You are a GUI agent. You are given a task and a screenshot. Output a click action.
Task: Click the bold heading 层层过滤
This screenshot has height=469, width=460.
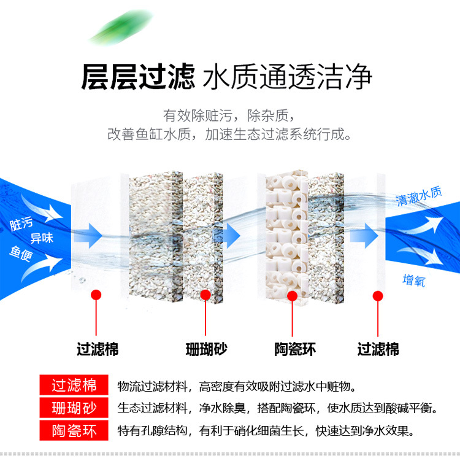pos(137,78)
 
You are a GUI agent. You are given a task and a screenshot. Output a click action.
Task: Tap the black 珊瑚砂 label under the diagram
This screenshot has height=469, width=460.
pos(207,350)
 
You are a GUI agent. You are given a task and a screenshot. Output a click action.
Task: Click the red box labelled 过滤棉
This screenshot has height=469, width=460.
pos(74,386)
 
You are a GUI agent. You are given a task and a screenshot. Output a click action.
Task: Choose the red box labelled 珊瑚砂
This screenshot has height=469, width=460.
pos(74,408)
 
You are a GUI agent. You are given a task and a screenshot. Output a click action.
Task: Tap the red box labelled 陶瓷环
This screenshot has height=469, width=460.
pos(74,430)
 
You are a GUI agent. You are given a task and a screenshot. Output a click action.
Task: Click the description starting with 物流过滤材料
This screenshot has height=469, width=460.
pos(236,386)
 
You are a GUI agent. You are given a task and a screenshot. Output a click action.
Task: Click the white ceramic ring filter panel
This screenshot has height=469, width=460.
pos(286,236)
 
